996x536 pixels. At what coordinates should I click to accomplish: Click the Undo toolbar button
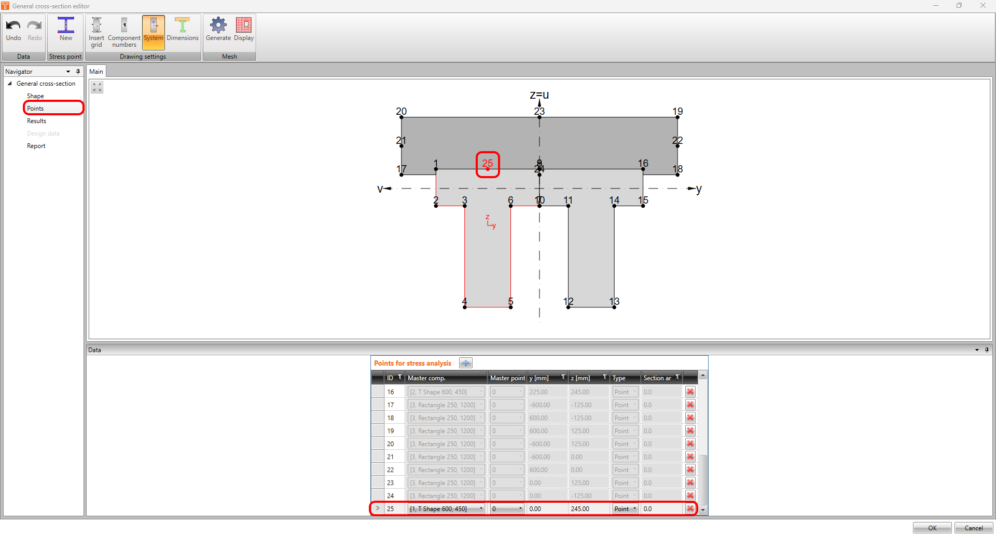coord(13,30)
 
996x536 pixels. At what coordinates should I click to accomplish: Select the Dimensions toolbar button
coord(182,30)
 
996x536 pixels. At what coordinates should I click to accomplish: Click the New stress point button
coord(66,30)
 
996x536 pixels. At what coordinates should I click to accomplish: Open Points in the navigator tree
coord(35,108)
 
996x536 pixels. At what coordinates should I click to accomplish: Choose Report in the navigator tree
coord(36,146)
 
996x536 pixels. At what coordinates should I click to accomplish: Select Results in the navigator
coord(37,121)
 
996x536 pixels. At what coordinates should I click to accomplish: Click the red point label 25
coord(488,164)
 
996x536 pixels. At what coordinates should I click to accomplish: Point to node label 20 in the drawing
coord(401,112)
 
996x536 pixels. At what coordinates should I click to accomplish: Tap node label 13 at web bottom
coord(614,302)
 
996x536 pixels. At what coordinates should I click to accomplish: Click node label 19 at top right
coord(677,112)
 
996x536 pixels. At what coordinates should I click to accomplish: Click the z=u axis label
coord(539,95)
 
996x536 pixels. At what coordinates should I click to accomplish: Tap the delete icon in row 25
coord(690,508)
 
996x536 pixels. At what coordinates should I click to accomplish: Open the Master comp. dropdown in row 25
coord(481,508)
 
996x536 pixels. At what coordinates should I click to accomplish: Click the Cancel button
coord(973,528)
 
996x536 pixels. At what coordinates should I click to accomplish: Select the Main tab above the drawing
coord(96,72)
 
